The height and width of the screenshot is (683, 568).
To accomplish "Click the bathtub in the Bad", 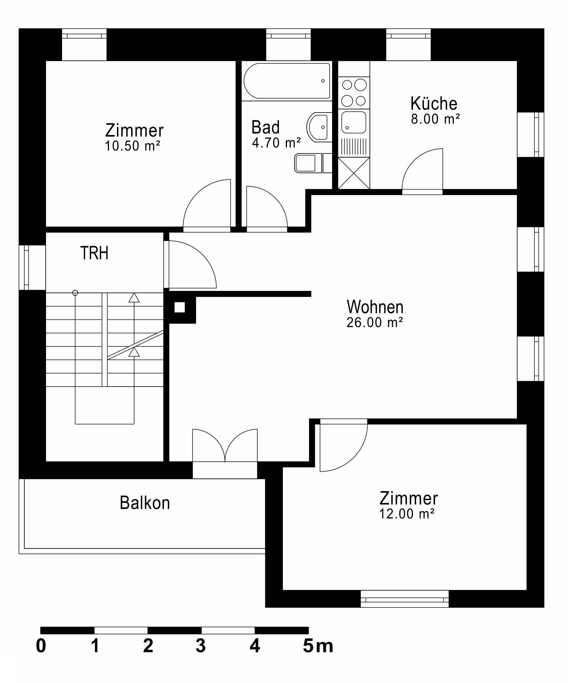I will pos(287,81).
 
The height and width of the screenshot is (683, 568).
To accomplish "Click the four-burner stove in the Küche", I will pos(354,93).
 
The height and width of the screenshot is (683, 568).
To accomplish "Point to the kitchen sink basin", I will pos(354,122).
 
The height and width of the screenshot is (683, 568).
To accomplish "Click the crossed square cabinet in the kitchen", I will pos(354,173).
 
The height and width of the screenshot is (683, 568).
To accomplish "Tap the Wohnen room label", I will pos(375,307).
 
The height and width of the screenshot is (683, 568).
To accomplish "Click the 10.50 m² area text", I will pos(132,146).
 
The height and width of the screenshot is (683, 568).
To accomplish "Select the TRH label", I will pos(94,253).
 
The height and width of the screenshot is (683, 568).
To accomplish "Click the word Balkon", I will pos(145,503).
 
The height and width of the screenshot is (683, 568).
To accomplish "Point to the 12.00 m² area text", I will pos(407,514).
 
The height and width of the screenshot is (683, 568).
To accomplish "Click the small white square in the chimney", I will pos(179,307).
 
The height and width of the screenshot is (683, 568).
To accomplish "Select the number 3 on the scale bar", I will pos(201,646).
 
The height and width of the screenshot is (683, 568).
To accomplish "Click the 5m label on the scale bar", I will pos(318,646).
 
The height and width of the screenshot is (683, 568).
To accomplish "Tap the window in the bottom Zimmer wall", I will pos(404,599).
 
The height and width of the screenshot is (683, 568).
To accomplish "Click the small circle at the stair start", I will pos(75,293).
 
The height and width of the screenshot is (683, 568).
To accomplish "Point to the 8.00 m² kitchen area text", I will pos(435,119).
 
